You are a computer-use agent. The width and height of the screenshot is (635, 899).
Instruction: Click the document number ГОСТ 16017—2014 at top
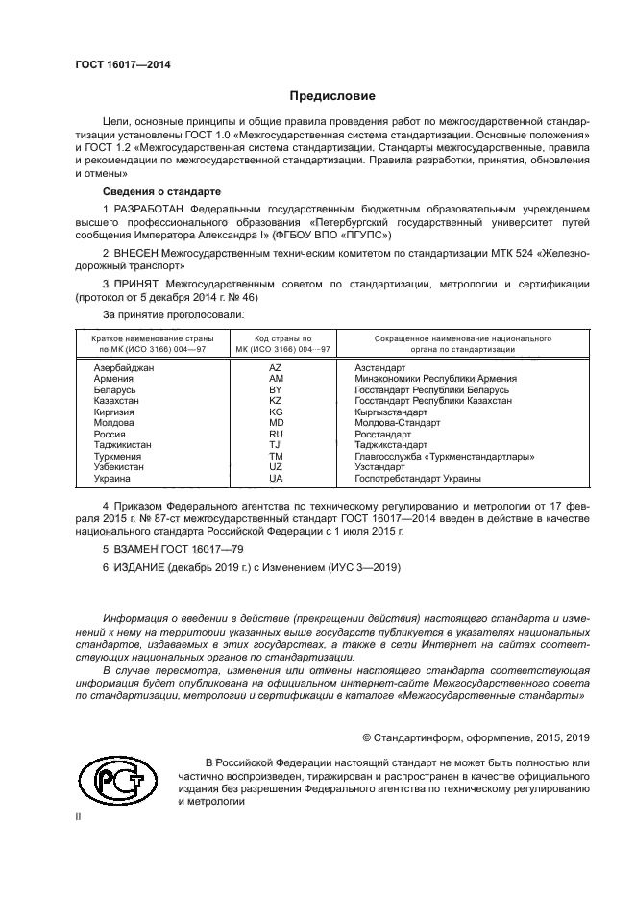pyautogui.click(x=122, y=64)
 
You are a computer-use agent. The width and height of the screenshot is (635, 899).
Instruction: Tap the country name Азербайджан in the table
pyautogui.click(x=124, y=368)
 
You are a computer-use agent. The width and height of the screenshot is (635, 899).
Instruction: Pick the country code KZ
pyautogui.click(x=276, y=401)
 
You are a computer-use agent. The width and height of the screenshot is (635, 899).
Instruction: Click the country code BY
pyautogui.click(x=276, y=390)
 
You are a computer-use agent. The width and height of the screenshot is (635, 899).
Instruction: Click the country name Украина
pyautogui.click(x=112, y=478)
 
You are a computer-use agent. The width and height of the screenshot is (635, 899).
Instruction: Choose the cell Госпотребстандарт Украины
pyautogui.click(x=418, y=478)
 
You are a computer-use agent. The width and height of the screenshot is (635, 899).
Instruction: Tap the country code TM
pyautogui.click(x=276, y=456)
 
